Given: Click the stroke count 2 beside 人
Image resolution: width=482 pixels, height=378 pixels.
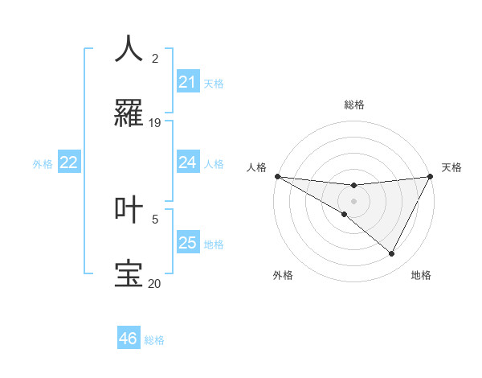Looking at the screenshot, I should point(155,58).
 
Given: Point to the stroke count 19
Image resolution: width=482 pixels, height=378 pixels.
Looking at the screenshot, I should point(155,123).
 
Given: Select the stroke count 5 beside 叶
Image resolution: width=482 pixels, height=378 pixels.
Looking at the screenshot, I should point(155,218).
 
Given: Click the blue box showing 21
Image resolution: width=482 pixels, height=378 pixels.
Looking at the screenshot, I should point(188,81).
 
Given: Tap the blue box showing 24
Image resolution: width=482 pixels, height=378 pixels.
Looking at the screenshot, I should point(188,162).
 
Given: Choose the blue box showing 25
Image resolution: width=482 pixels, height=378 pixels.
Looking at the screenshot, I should point(188,243).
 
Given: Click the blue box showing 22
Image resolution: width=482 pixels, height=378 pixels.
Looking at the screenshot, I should point(69,162).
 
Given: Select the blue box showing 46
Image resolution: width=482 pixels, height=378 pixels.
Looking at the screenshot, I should point(129,339).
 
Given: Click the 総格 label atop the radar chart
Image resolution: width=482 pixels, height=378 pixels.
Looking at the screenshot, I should point(353,105).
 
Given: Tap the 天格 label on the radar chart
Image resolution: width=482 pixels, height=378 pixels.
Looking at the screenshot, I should point(452,167).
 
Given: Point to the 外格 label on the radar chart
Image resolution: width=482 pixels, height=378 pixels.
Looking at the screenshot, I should point(283,275).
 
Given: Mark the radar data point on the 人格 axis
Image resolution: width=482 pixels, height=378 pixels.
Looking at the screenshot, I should point(276,175).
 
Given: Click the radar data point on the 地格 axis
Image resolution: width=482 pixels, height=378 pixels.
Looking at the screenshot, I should point(392,254).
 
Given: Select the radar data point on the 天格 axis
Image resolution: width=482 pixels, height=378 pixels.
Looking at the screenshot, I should point(431,176).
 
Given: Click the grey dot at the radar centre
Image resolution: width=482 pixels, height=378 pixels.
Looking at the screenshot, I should point(353,201).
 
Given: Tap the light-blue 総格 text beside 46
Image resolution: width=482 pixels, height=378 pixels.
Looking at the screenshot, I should point(154,340).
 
